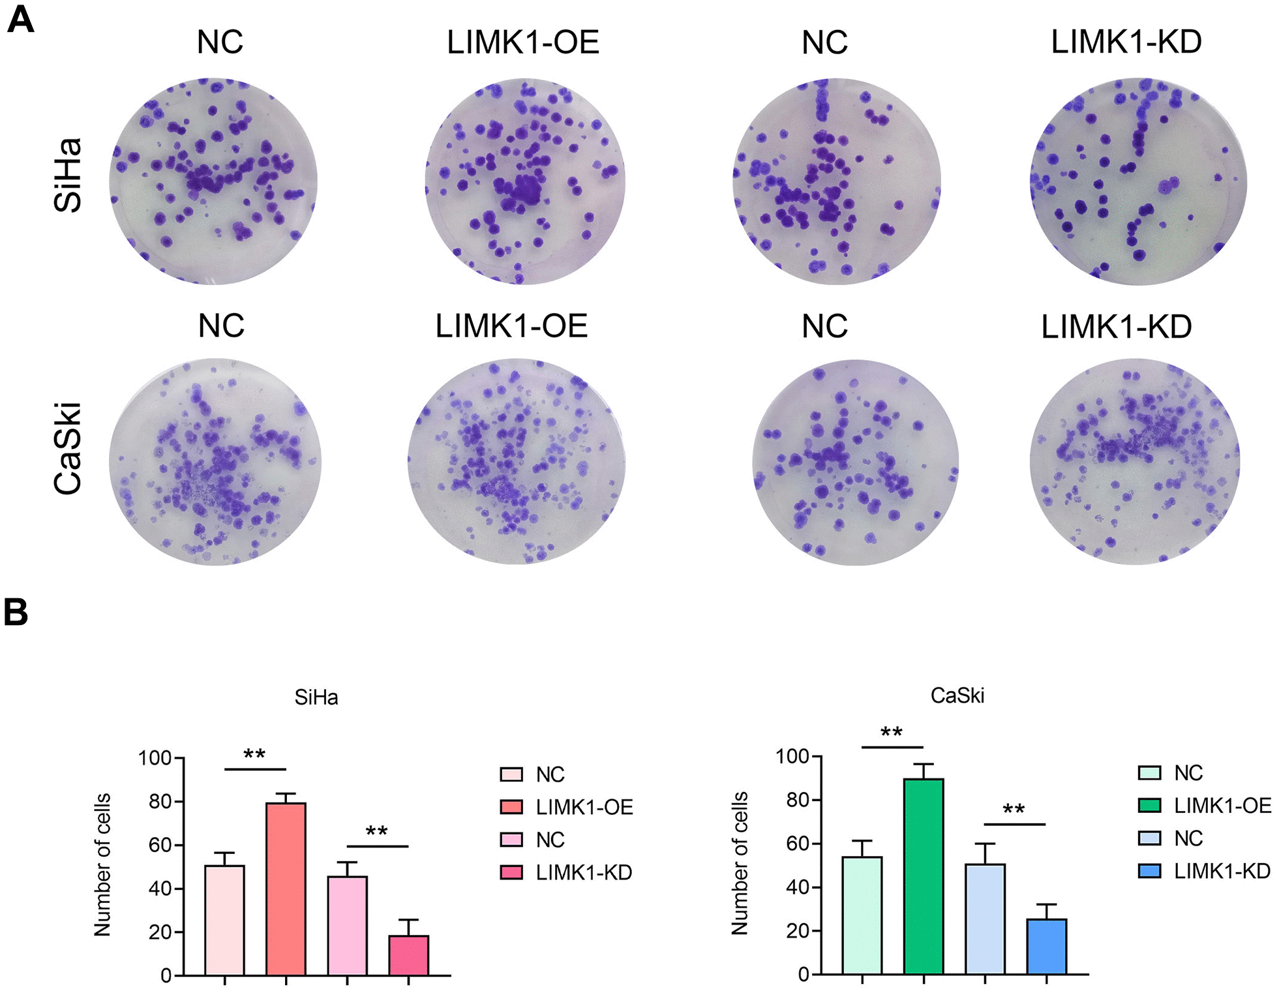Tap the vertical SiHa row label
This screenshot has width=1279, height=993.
[x=68, y=175]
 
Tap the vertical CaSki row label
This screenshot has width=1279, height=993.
[x=68, y=449]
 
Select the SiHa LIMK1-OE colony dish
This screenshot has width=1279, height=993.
[x=524, y=181]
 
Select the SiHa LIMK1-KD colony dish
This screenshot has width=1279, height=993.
[x=1137, y=181]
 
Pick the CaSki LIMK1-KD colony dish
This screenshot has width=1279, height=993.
[x=1135, y=461]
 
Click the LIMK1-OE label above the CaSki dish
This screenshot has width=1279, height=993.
[x=511, y=326]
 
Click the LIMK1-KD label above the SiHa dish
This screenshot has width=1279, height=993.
[x=1126, y=42]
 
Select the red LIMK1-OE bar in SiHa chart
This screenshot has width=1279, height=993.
[x=286, y=889]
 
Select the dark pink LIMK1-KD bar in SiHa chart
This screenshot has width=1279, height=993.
[x=408, y=955]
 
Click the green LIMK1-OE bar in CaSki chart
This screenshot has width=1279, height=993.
[x=923, y=876]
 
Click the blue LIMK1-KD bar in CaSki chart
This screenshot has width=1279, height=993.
[x=1046, y=946]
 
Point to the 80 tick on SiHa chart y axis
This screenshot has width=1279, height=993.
[x=160, y=801]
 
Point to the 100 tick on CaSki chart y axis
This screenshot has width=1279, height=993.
[x=792, y=756]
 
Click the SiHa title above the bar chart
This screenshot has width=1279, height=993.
[x=316, y=697]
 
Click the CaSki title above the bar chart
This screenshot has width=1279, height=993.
[x=957, y=695]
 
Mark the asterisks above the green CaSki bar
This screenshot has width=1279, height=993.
[x=892, y=733]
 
